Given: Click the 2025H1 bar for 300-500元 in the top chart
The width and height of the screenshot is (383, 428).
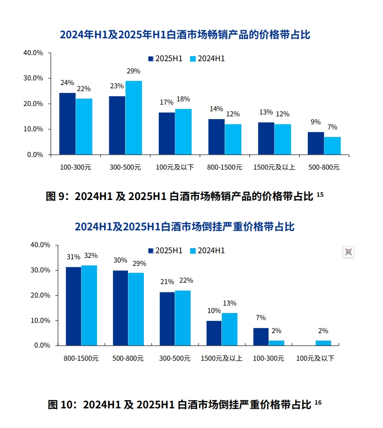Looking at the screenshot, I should [x=117, y=125].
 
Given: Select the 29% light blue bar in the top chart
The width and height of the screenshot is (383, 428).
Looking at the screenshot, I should [x=134, y=118].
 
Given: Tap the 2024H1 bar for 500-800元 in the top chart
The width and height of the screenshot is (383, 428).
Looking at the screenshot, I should [x=332, y=145].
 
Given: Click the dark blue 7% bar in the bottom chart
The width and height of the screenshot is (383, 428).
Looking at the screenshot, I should [x=261, y=337].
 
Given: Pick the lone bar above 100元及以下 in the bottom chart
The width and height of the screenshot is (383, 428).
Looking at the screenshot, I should [x=323, y=343].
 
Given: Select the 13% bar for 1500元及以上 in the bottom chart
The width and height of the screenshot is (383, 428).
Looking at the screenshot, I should [x=229, y=329].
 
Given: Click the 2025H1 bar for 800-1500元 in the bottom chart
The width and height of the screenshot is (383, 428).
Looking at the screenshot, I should [x=73, y=306].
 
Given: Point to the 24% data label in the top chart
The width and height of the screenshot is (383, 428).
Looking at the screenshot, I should [x=67, y=83].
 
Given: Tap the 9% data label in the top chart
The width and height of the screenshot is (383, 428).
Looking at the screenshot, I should [x=316, y=122].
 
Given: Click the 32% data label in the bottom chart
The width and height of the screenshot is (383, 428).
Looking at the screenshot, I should [x=91, y=256].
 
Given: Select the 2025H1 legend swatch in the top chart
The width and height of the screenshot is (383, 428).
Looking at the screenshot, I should [x=151, y=59].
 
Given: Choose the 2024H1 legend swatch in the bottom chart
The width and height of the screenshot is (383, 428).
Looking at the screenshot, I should [x=193, y=251].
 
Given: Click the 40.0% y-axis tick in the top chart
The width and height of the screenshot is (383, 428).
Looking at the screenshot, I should [x=33, y=53].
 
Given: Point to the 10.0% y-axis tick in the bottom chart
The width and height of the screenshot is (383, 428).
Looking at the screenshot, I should [x=40, y=321].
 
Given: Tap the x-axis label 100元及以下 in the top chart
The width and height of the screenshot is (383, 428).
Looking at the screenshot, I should [x=175, y=167].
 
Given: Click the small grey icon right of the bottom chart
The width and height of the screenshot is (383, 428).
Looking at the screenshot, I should [x=348, y=252].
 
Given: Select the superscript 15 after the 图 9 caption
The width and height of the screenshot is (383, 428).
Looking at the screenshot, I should [x=320, y=194].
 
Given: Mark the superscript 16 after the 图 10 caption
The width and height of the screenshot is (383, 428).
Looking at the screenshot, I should [x=318, y=402].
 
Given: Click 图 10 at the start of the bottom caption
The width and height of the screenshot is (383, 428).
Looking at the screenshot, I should [x=60, y=405].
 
